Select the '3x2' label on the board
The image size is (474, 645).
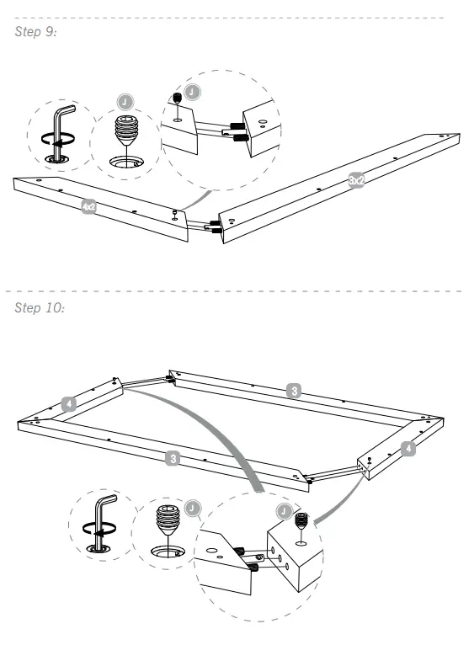357,180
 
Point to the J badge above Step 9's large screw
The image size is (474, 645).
125,100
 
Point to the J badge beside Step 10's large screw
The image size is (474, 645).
194,508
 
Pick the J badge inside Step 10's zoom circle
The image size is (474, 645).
286,510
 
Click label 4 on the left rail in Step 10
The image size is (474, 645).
70,404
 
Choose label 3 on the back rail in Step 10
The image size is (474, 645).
291,390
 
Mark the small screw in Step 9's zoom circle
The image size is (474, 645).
178,100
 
